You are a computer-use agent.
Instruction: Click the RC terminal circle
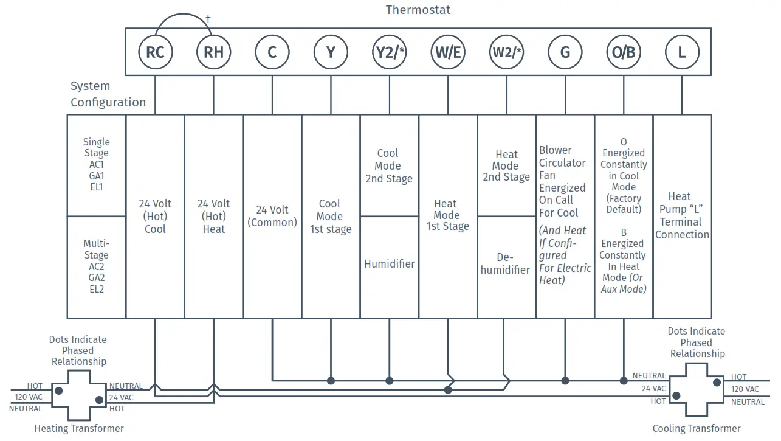[155, 52]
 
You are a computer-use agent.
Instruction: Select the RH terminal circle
[213, 52]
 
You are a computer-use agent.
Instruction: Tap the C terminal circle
[272, 52]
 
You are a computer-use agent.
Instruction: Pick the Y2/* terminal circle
[389, 52]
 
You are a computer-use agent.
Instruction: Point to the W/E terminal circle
[448, 52]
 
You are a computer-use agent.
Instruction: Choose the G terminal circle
[565, 52]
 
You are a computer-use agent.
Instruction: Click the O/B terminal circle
[623, 52]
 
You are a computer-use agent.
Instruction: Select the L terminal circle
[681, 52]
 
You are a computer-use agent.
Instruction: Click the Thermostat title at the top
[418, 10]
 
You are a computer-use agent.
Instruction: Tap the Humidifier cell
[390, 264]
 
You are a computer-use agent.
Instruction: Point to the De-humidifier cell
[506, 264]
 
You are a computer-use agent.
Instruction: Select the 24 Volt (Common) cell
[272, 216]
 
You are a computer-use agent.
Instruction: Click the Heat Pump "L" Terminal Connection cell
[682, 215]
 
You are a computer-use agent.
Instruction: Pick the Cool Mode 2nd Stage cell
[389, 166]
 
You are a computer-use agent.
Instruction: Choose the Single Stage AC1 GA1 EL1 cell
[97, 164]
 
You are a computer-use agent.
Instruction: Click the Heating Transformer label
[79, 428]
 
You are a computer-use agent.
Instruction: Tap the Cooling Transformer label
[697, 428]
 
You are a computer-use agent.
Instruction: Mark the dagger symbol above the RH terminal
[208, 19]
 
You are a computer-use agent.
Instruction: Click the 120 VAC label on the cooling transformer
[745, 389]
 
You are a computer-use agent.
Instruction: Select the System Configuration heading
[108, 94]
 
